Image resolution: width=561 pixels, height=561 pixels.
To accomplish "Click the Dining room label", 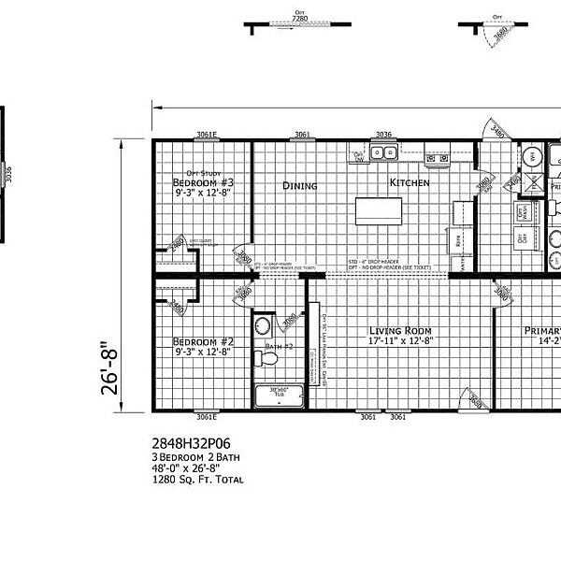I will point(300,186).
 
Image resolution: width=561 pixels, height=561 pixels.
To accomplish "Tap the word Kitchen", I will point(409,183).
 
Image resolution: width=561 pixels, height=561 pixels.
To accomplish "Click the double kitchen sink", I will point(385,152).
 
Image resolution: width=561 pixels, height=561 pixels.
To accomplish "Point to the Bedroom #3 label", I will point(202,182).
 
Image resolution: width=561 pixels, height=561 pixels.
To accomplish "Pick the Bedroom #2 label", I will point(202,342).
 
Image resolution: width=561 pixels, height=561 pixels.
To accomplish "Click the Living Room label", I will point(399,331).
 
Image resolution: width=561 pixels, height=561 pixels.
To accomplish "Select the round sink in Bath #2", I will point(263,326).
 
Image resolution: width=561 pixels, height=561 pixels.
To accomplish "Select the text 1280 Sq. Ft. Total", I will point(197,480).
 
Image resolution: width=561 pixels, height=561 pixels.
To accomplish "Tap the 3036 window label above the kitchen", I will point(382,135).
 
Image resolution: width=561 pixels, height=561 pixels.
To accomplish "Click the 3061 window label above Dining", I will point(302,135).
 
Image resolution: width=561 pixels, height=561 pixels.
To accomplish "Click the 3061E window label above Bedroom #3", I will point(206,135).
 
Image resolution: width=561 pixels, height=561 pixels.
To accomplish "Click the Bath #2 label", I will point(278,347).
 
